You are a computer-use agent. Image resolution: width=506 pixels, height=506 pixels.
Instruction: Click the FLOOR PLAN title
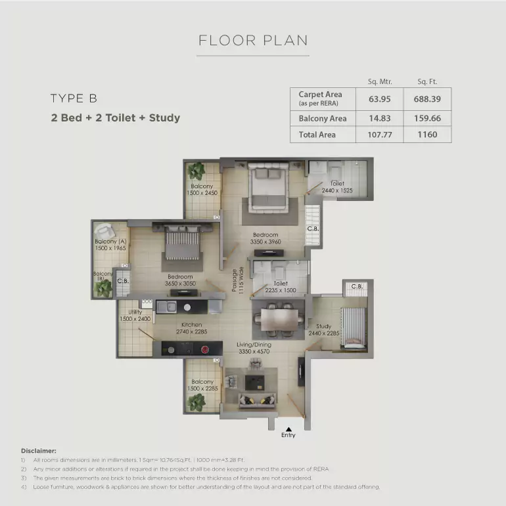click(x=253, y=40)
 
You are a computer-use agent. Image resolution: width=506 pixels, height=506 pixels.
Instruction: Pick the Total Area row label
click(x=317, y=135)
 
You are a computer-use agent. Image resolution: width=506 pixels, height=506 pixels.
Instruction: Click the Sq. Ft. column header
click(x=427, y=81)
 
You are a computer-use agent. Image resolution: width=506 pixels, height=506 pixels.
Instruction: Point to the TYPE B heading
click(x=74, y=98)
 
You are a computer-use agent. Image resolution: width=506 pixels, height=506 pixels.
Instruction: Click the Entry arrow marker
click(x=288, y=430)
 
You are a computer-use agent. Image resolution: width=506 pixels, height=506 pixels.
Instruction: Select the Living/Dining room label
click(x=254, y=348)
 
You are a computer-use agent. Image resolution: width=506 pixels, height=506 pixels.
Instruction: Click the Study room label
click(x=323, y=329)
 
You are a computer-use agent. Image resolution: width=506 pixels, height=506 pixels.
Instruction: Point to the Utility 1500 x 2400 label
click(x=135, y=315)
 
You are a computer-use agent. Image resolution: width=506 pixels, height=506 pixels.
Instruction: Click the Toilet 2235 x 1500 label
click(x=281, y=287)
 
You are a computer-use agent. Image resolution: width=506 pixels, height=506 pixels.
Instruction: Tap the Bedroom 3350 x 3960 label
click(x=265, y=238)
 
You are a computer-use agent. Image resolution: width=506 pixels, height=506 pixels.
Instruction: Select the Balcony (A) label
click(x=110, y=245)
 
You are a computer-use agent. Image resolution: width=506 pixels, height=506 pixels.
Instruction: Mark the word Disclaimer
click(x=38, y=451)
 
